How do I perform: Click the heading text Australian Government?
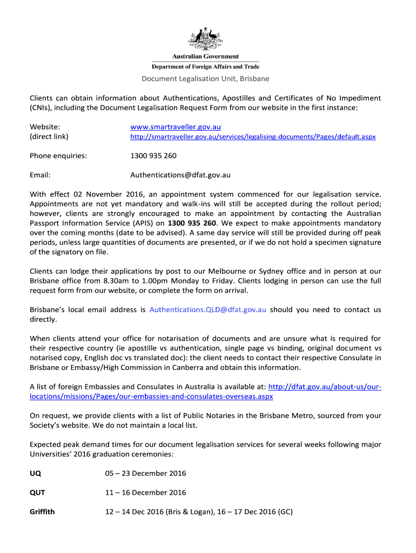[x=205, y=57]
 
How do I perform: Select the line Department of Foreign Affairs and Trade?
[x=205, y=66]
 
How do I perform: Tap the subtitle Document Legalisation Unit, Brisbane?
[x=205, y=79]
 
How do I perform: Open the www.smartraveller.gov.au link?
[x=176, y=127]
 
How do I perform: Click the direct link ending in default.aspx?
[x=253, y=137]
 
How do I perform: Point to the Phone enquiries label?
[x=58, y=156]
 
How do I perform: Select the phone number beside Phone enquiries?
[x=153, y=156]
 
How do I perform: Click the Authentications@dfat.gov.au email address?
[x=180, y=175]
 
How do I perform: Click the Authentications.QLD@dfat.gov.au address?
[x=207, y=309]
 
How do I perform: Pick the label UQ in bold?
[x=35, y=474]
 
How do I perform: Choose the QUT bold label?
[x=37, y=493]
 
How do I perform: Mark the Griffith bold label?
[x=42, y=511]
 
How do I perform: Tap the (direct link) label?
[x=49, y=137]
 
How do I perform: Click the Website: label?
[x=45, y=127]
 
